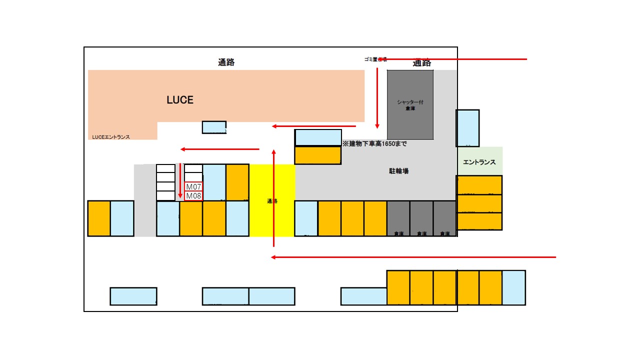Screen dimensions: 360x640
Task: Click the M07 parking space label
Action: pos(193,186)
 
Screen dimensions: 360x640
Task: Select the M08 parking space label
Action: pos(193,196)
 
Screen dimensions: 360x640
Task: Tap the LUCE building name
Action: pos(180,100)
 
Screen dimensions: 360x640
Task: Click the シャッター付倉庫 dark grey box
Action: pos(410,105)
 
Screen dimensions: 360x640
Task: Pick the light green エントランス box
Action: pos(479,161)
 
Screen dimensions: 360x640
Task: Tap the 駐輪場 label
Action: pos(399,171)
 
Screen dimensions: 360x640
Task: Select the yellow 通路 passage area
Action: pos(272,200)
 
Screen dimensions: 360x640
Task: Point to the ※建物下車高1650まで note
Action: pos(374,144)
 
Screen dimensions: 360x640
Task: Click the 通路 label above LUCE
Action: pos(226,62)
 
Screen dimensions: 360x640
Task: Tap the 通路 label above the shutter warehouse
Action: pos(422,63)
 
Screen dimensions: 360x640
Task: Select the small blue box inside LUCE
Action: pos(214,127)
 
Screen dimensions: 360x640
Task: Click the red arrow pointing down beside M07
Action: pos(180,180)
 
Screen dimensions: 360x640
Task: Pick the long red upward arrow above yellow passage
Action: pos(273,197)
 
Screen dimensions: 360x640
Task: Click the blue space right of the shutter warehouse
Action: pos(467,128)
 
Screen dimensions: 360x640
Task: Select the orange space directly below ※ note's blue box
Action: pos(318,155)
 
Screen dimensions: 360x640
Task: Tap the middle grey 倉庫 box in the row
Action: pos(421,218)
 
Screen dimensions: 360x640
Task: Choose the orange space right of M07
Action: pos(237,182)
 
